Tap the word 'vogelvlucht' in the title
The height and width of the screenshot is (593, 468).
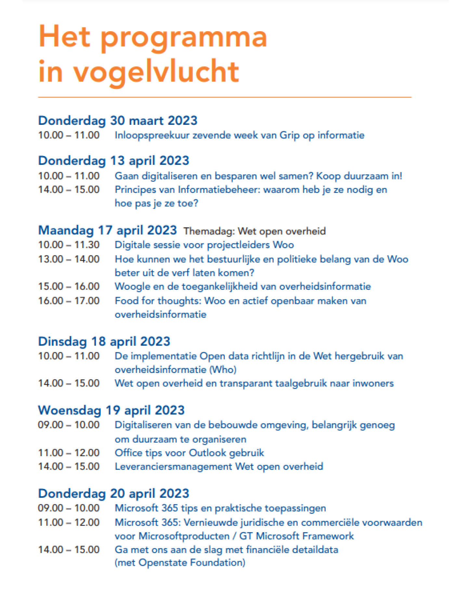pyautogui.click(x=156, y=72)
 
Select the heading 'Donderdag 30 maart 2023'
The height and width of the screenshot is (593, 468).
pyautogui.click(x=118, y=121)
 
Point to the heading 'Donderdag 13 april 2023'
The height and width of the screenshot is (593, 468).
pyautogui.click(x=113, y=161)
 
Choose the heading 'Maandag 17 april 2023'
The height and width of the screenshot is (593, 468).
pyautogui.click(x=107, y=230)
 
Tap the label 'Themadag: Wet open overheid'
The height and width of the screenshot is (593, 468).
pyautogui.click(x=254, y=231)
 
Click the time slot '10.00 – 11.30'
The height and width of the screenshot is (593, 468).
pyautogui.click(x=69, y=245)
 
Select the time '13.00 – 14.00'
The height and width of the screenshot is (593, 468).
pyautogui.click(x=69, y=259)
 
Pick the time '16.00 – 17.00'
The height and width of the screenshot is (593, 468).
pyautogui.click(x=69, y=301)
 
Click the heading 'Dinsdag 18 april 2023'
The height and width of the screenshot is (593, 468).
pyautogui.click(x=104, y=341)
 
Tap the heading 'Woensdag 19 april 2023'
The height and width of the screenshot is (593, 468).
pyautogui.click(x=111, y=410)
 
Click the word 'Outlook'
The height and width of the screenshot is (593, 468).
pyautogui.click(x=208, y=453)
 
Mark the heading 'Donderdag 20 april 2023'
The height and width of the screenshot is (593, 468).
pyautogui.click(x=113, y=494)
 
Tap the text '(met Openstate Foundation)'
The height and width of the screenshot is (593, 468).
pyautogui.click(x=180, y=562)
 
